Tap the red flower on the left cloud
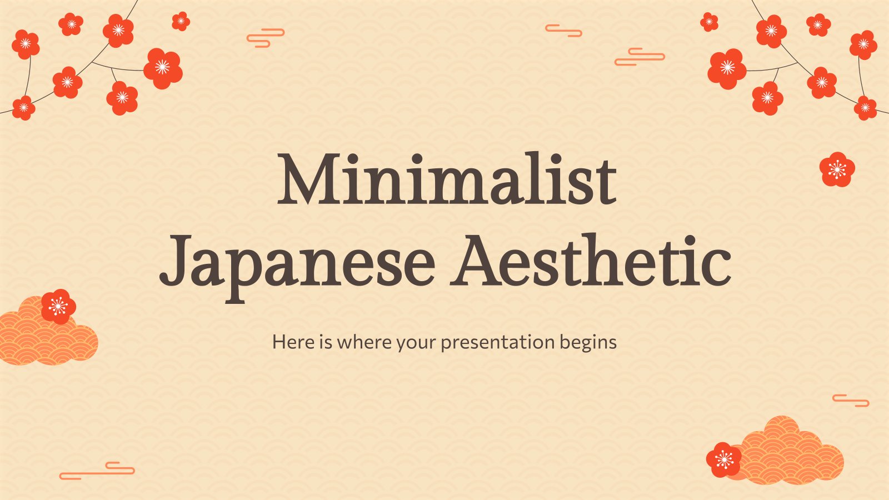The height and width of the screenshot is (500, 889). [58, 306]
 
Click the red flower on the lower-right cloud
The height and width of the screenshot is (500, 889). [723, 459]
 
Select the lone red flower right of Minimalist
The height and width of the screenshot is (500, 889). [837, 169]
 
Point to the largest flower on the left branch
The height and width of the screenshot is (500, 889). [163, 68]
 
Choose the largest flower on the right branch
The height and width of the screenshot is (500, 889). [727, 68]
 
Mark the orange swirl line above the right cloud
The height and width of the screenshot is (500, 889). [851, 400]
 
